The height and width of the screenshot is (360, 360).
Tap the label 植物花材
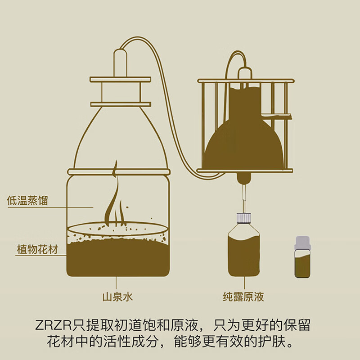(x=37, y=250)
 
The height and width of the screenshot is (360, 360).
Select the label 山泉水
(x=117, y=297)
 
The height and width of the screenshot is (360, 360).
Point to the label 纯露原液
(x=243, y=297)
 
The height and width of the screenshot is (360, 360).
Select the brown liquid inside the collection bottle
(x=244, y=254)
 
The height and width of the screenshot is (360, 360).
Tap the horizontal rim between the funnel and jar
(x=120, y=171)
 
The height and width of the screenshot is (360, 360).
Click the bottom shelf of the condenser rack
(x=245, y=171)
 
